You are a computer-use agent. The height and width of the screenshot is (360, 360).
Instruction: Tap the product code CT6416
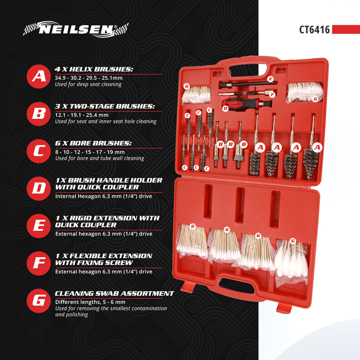coord(315,30)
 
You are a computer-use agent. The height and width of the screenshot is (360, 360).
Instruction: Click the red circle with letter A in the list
coord(39,76)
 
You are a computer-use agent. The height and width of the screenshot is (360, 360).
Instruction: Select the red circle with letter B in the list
coord(39,113)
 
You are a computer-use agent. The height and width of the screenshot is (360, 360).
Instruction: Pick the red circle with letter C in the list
coord(39,150)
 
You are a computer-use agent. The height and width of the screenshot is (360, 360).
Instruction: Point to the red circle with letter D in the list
coord(39,188)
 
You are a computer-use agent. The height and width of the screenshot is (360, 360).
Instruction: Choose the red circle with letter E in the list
coord(39,225)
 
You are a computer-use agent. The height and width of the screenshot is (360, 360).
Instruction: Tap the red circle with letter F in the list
coord(39,263)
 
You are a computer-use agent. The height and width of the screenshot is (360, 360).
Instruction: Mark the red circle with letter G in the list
coord(39,300)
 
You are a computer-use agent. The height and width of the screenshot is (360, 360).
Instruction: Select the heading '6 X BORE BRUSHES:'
coord(93,144)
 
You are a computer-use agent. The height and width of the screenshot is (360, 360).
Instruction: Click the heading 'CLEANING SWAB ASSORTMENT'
coord(114,293)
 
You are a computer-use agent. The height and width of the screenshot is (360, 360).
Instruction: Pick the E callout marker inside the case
coord(270,79)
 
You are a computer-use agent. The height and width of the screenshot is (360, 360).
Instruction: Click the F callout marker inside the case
coord(271,94)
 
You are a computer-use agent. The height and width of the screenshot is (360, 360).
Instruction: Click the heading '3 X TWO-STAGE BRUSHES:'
coord(105,107)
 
